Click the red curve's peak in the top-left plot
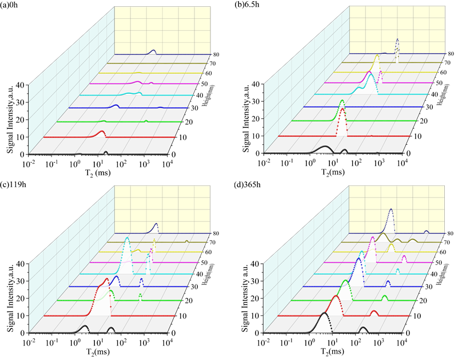(101, 132)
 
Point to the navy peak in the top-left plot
(153, 51)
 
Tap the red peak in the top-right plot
(342, 110)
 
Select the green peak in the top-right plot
(342, 101)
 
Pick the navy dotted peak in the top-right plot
(397, 39)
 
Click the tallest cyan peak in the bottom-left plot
(127, 238)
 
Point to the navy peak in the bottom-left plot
(156, 223)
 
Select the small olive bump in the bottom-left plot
(187, 241)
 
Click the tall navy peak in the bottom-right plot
(391, 209)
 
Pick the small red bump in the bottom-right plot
(374, 311)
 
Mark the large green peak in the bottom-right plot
(345, 280)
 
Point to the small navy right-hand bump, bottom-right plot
(426, 231)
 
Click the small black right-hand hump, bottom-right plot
(363, 328)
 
